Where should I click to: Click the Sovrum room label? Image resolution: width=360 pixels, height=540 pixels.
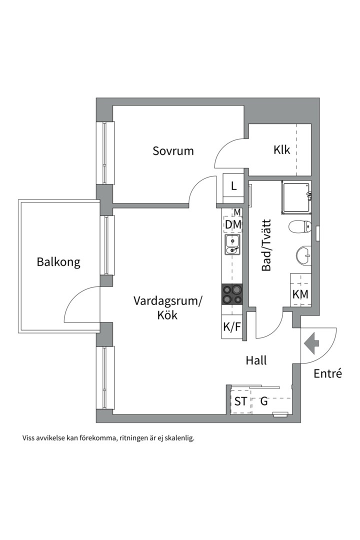(x=173, y=150)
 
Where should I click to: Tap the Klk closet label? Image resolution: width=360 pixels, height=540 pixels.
(x=281, y=149)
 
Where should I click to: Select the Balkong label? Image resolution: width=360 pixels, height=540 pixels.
(x=58, y=262)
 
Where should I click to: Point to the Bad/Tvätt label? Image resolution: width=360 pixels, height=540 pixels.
(x=266, y=245)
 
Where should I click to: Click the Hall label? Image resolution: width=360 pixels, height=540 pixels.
(x=255, y=360)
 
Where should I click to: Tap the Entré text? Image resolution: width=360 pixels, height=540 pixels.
(x=328, y=373)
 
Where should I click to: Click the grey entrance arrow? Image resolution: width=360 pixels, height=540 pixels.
(x=312, y=344)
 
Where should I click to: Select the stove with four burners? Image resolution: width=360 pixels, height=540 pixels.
(x=232, y=294)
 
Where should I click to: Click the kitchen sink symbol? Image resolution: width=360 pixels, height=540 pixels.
(x=232, y=245)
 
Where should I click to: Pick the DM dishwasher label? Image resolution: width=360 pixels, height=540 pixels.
(x=232, y=225)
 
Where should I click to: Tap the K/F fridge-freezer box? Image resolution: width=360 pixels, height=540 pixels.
(x=232, y=327)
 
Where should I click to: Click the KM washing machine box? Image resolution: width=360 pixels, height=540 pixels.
(x=300, y=294)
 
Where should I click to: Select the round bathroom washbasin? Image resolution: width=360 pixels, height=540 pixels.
(x=303, y=255)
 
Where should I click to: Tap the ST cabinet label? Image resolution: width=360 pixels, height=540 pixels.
(x=240, y=401)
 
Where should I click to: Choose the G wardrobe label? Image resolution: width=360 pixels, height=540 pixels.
(x=264, y=401)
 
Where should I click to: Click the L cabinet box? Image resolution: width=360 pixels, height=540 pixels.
(x=233, y=187)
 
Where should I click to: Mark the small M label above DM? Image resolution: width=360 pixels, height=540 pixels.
(x=237, y=212)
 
